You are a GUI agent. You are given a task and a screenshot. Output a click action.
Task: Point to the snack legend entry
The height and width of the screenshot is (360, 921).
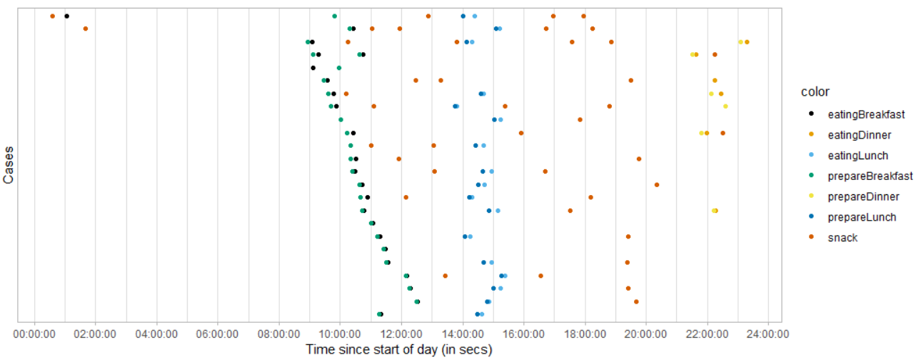coord(842,238)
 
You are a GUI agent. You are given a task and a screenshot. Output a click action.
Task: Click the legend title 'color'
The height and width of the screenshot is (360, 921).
coord(815,92)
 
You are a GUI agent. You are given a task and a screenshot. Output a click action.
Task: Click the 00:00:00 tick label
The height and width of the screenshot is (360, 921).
coord(34,333)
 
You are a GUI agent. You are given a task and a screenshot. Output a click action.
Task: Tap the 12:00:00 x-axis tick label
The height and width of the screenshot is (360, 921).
coord(401,333)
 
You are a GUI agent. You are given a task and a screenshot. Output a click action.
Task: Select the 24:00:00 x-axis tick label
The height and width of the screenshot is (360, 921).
coord(768,333)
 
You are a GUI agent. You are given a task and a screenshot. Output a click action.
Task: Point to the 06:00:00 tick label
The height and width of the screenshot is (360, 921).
coord(218,333)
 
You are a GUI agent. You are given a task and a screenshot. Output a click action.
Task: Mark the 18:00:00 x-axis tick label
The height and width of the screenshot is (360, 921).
coord(585,333)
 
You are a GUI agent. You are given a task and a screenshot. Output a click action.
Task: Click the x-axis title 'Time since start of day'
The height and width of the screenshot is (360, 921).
coord(399,349)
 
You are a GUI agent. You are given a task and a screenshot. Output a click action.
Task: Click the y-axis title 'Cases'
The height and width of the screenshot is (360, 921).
coord(9,166)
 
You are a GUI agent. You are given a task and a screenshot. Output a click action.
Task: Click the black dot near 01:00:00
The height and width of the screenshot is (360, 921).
coord(66,16)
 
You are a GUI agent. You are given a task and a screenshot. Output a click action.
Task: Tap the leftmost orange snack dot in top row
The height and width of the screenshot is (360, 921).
coord(52,16)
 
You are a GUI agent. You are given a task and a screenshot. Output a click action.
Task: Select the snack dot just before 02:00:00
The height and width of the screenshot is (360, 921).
coord(86,29)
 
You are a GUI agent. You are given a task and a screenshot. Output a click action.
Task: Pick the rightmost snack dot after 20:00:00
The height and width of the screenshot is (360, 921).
coord(723,133)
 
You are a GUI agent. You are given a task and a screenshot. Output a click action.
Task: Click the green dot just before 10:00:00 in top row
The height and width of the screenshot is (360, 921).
coord(334,16)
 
